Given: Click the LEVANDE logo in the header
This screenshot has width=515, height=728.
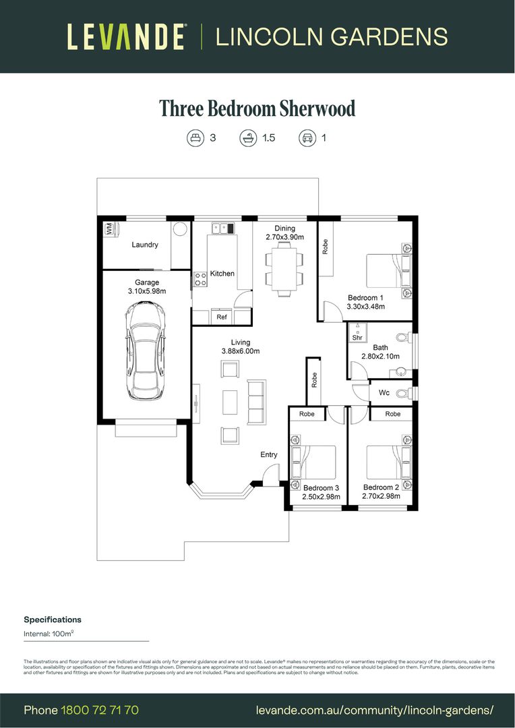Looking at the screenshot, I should coord(126,36).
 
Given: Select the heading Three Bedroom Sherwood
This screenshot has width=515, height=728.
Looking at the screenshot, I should coord(257,108).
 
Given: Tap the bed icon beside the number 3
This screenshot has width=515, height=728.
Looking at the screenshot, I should coord(195,138).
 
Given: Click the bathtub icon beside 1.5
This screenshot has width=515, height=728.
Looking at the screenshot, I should coord(247,138).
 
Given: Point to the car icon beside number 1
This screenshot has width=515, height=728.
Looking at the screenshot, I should coord(307,138).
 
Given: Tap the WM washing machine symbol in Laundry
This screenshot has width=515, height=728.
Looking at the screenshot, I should coord(109,229).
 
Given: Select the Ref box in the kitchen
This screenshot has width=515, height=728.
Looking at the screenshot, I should coord(221,317).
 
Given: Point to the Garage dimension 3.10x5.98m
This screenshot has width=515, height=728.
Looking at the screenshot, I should coord(146,291).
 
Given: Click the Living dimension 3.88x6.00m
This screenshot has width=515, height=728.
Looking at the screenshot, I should coord(241,351).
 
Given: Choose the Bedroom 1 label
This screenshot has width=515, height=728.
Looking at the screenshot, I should coord(365,297).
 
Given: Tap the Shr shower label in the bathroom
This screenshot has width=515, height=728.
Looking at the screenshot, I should coord(357,337).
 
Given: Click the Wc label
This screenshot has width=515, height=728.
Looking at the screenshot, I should coord(384,392).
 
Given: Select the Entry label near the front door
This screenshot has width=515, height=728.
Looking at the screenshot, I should coord(269,455).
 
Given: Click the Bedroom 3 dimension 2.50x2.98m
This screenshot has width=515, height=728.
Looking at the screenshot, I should coord(321,497).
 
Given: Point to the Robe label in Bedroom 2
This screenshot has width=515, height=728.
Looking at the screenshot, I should coord(393,414).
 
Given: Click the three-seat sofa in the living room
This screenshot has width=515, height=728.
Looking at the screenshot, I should coord(256,402).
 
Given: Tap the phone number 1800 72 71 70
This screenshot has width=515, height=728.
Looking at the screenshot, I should coord(100,710).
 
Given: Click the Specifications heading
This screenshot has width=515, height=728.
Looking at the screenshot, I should coord(53,619).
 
